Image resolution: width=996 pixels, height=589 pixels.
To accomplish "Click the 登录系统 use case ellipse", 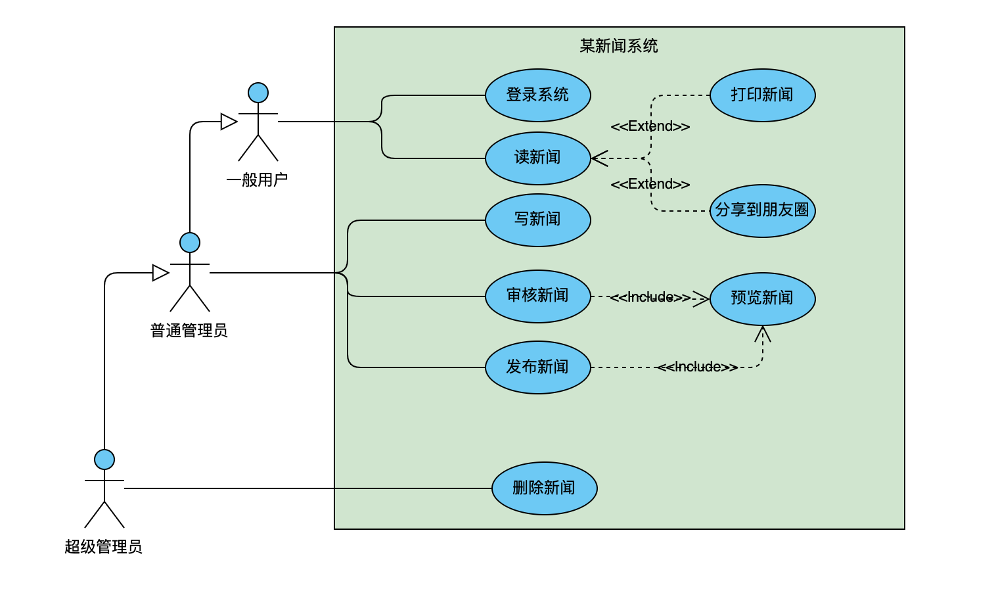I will pyautogui.click(x=537, y=95).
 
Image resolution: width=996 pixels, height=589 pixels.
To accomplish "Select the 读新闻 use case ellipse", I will pyautogui.click(x=537, y=158).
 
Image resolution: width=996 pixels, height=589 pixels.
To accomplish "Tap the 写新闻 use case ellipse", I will pyautogui.click(x=537, y=220).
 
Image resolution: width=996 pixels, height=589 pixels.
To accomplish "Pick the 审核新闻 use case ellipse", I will pyautogui.click(x=537, y=296).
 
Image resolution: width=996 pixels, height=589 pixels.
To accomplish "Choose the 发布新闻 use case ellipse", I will pyautogui.click(x=537, y=367).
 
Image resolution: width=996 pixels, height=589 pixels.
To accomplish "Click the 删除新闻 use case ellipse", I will pyautogui.click(x=544, y=488).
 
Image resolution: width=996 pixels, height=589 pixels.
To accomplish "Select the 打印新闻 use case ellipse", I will pyautogui.click(x=762, y=95).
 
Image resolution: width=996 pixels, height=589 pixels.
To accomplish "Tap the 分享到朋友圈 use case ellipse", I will pyautogui.click(x=762, y=211).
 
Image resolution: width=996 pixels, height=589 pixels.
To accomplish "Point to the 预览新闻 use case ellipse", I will pyautogui.click(x=762, y=299).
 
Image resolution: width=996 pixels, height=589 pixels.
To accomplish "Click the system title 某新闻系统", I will pyautogui.click(x=618, y=46).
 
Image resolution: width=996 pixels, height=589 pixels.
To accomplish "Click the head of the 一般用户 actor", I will pyautogui.click(x=258, y=93).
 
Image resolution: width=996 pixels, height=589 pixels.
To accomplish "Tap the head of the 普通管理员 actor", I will pyautogui.click(x=190, y=243).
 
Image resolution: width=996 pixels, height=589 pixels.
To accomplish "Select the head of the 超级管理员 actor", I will pyautogui.click(x=104, y=459).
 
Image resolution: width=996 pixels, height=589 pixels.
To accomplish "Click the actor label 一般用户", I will pyautogui.click(x=257, y=180).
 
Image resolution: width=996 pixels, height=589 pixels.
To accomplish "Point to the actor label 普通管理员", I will pyautogui.click(x=189, y=331).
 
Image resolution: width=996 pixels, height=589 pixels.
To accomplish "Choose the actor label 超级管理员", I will pyautogui.click(x=104, y=547).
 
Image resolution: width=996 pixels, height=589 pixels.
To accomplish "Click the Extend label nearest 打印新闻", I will pyautogui.click(x=650, y=126).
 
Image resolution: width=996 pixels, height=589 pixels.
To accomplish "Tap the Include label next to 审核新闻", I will pyautogui.click(x=650, y=297).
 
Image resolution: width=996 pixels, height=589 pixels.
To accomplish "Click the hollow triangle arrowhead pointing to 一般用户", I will pyautogui.click(x=229, y=122).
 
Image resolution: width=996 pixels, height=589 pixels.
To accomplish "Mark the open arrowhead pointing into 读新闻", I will pyautogui.click(x=599, y=158).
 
